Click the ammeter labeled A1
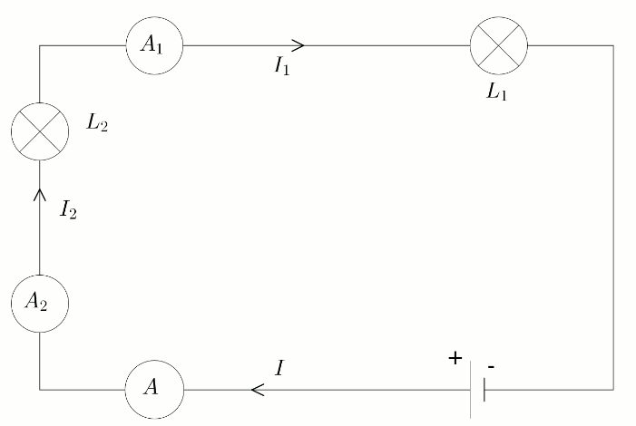pyautogui.click(x=154, y=44)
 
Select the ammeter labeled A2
pyautogui.click(x=39, y=303)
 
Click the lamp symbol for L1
pyautogui.click(x=498, y=44)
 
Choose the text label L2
pyautogui.click(x=97, y=124)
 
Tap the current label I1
pyautogui.click(x=282, y=67)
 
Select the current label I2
pyautogui.click(x=68, y=211)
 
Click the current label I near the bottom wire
pyautogui.click(x=279, y=367)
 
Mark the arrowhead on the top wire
pyautogui.click(x=299, y=44)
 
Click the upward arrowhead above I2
pyautogui.click(x=39, y=193)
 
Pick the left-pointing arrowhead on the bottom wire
pyautogui.click(x=257, y=390)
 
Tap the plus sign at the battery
pyautogui.click(x=455, y=358)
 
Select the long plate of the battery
pyautogui.click(x=471, y=390)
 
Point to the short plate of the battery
pyautogui.click(x=484, y=390)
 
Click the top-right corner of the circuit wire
pyautogui.click(x=613, y=44)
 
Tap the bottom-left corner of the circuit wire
pyautogui.click(x=39, y=390)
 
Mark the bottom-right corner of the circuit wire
pyautogui.click(x=613, y=390)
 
